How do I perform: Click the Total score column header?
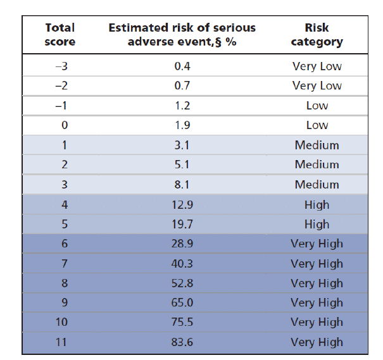(60, 35)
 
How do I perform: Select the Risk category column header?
(317, 35)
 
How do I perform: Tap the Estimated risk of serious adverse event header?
(182, 35)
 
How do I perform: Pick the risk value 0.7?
(182, 85)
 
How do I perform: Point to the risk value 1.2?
(182, 106)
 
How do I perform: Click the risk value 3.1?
(182, 145)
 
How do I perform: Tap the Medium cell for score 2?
(317, 164)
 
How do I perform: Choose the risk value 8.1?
(182, 185)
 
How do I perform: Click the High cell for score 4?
(317, 204)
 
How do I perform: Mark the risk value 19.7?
(182, 224)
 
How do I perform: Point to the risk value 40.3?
(182, 263)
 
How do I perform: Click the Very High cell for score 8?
(317, 283)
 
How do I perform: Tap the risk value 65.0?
(182, 302)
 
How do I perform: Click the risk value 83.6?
(182, 342)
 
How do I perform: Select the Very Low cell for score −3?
(317, 66)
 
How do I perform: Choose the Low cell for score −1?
(317, 106)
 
